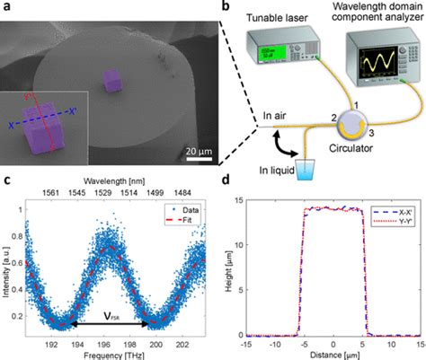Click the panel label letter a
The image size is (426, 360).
pos(6,7)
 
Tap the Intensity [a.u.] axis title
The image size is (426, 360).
pos(7,268)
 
